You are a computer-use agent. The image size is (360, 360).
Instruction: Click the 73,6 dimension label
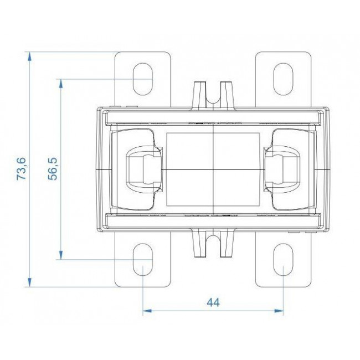coord(22,169)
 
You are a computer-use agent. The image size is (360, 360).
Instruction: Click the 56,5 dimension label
coord(53,169)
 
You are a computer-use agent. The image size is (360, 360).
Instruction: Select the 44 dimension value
coord(213,302)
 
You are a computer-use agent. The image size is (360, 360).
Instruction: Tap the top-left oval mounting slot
coord(143,79)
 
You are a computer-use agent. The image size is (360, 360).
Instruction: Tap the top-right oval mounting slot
coord(284,79)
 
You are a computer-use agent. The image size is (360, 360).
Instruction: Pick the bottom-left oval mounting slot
coord(143,260)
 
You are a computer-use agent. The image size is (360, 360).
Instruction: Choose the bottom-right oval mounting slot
coord(284,260)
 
